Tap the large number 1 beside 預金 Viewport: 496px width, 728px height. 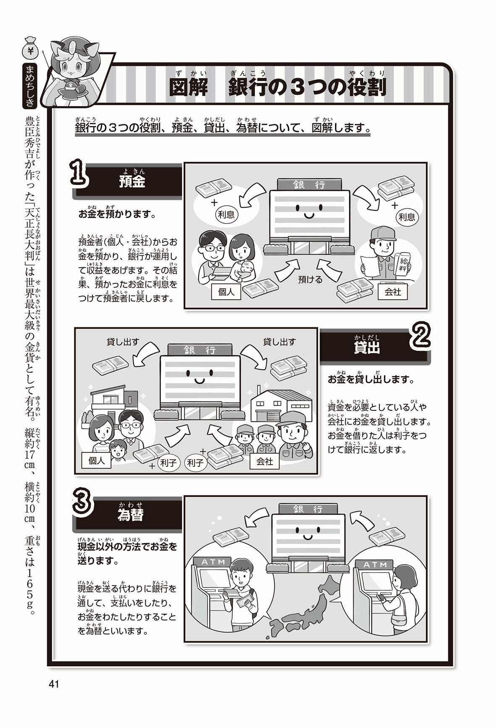pyautogui.click(x=80, y=173)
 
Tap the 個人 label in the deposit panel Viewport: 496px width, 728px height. pyautogui.click(x=226, y=292)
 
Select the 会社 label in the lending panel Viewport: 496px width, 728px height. pyautogui.click(x=265, y=461)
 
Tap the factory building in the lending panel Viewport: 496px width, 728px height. pyautogui.click(x=280, y=405)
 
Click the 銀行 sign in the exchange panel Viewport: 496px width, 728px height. pyautogui.click(x=308, y=509)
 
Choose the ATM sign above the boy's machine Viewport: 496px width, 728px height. pyautogui.click(x=213, y=562)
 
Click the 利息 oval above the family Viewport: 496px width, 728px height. pyautogui.click(x=226, y=215)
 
